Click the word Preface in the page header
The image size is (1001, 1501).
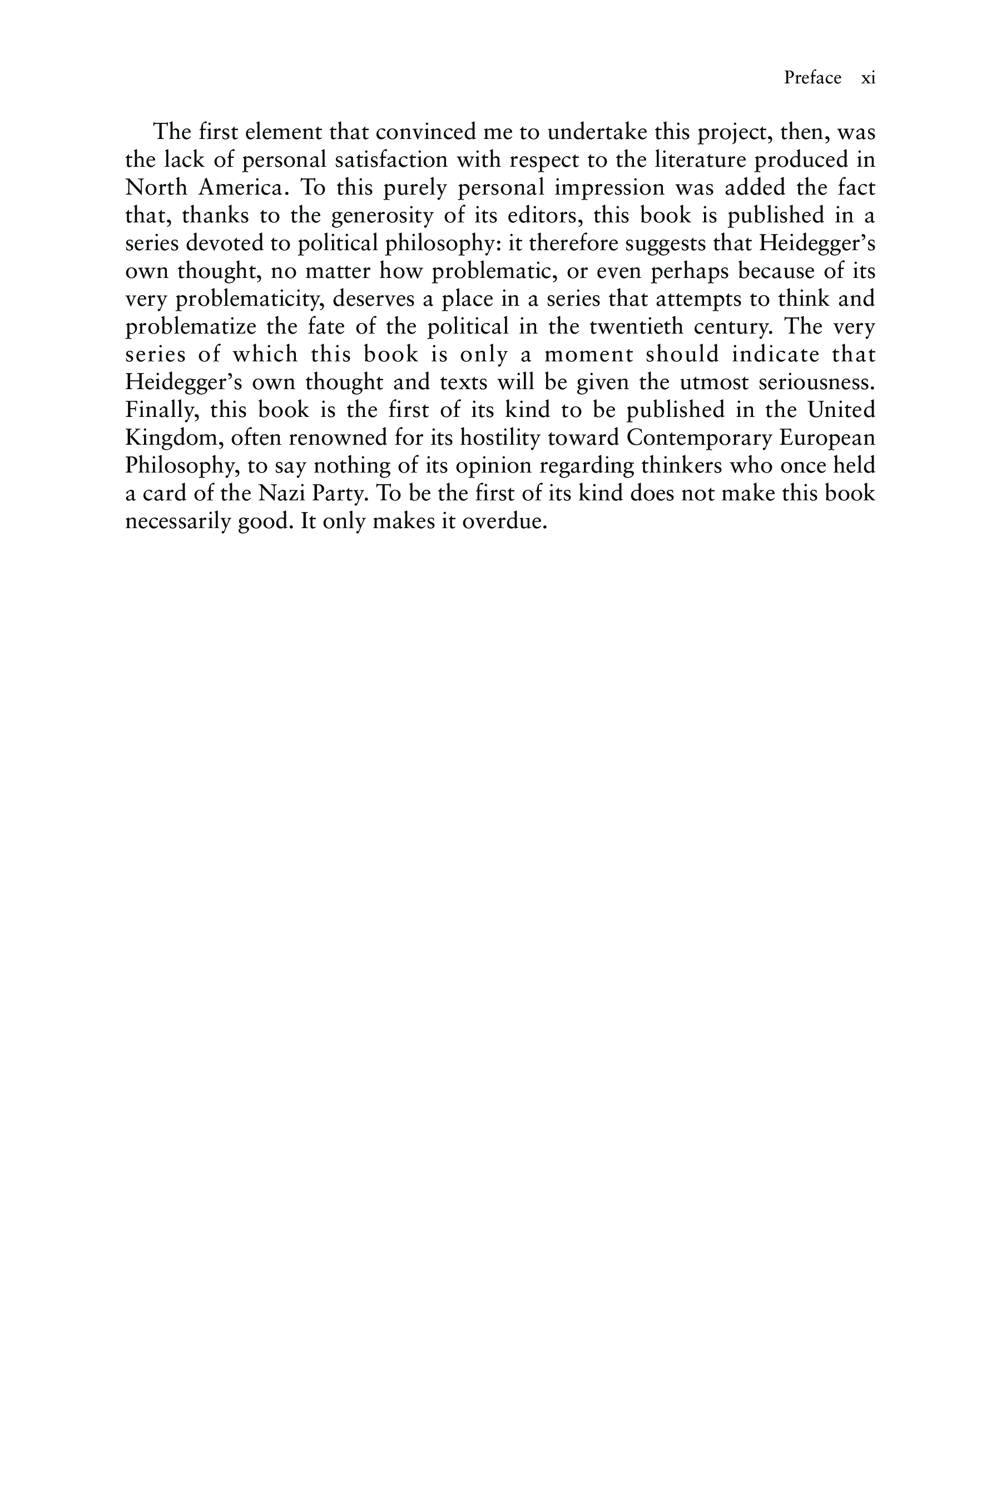tap(812, 78)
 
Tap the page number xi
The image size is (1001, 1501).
tap(868, 78)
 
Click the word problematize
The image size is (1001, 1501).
tap(190, 327)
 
